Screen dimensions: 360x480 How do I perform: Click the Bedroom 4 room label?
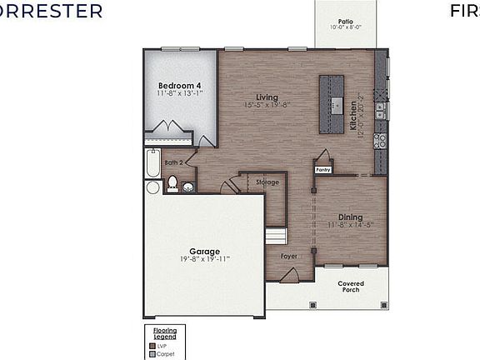click(x=179, y=85)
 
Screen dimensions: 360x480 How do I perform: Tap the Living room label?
click(x=267, y=97)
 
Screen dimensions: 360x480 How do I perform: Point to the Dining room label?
click(x=349, y=217)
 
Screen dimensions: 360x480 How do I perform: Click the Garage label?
click(x=204, y=251)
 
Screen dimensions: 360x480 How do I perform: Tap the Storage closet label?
click(x=267, y=182)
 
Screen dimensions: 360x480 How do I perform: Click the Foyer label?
click(x=288, y=256)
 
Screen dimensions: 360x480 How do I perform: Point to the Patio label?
click(x=345, y=22)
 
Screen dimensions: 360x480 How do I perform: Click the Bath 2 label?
click(x=172, y=162)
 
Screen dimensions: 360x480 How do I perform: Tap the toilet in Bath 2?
click(x=172, y=183)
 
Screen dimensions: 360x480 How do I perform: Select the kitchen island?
click(x=331, y=104)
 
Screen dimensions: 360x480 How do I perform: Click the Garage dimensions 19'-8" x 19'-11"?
click(x=204, y=259)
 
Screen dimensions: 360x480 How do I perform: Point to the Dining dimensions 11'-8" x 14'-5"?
click(x=349, y=225)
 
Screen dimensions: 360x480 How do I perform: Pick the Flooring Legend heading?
click(x=164, y=333)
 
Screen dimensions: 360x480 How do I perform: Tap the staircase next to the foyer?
click(x=274, y=237)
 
